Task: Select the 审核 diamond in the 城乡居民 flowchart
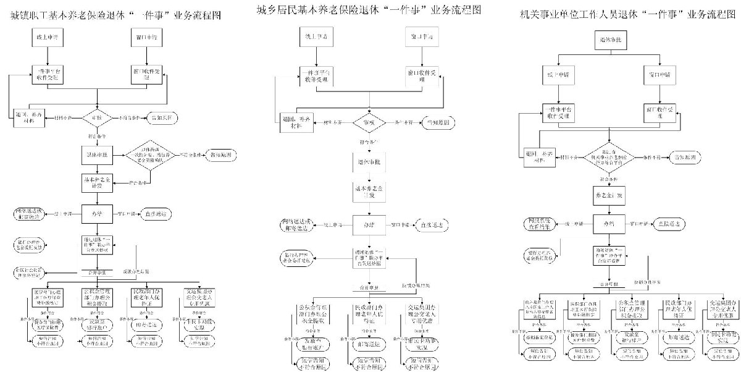click(368, 122)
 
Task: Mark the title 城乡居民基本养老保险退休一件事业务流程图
click(369, 10)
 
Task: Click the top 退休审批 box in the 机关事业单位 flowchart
click(607, 41)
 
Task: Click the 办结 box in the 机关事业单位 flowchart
click(607, 223)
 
